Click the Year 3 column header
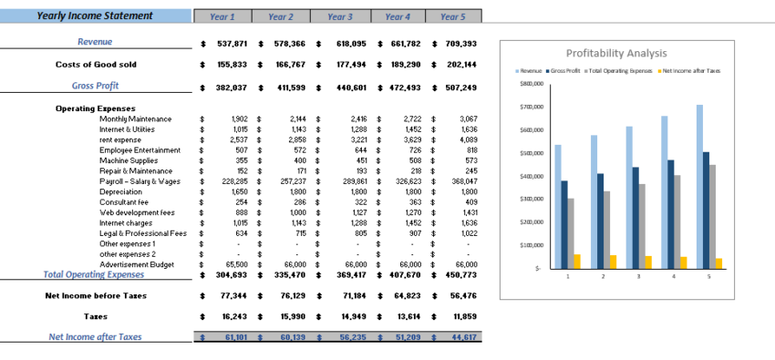(x=339, y=16)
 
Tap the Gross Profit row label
(x=96, y=87)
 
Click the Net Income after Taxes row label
(x=96, y=337)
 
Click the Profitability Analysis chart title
(x=616, y=53)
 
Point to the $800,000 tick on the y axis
(x=531, y=83)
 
